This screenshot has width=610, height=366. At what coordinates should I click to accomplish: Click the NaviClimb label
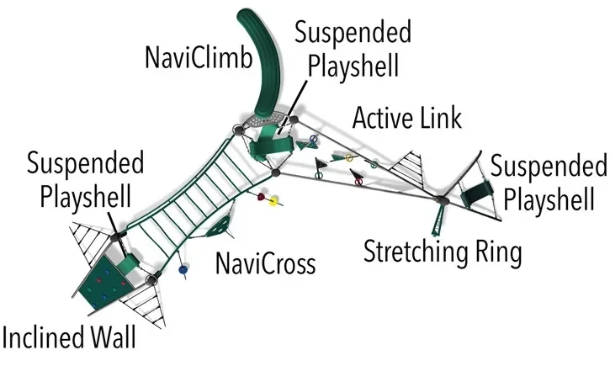coord(199,57)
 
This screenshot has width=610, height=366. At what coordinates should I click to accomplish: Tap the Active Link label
coord(407,118)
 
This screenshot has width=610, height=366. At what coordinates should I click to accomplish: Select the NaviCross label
coord(265,263)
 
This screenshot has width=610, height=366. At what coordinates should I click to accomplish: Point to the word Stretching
coord(415,252)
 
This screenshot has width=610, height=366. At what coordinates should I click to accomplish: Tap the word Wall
coord(114,337)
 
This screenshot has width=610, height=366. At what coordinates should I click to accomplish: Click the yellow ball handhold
coord(274,200)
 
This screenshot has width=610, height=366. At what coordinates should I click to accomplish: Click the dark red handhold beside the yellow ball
coord(262,196)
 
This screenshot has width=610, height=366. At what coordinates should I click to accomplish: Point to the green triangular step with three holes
coord(220,227)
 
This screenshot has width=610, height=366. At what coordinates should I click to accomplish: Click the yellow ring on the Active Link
coord(349,157)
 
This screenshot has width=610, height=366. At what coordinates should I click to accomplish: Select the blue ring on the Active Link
coord(314,139)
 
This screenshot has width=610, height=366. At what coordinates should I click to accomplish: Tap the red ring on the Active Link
coord(358,181)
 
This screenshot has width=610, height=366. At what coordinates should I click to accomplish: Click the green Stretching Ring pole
coord(438,220)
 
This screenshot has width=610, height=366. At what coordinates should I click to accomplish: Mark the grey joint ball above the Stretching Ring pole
coord(442,200)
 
